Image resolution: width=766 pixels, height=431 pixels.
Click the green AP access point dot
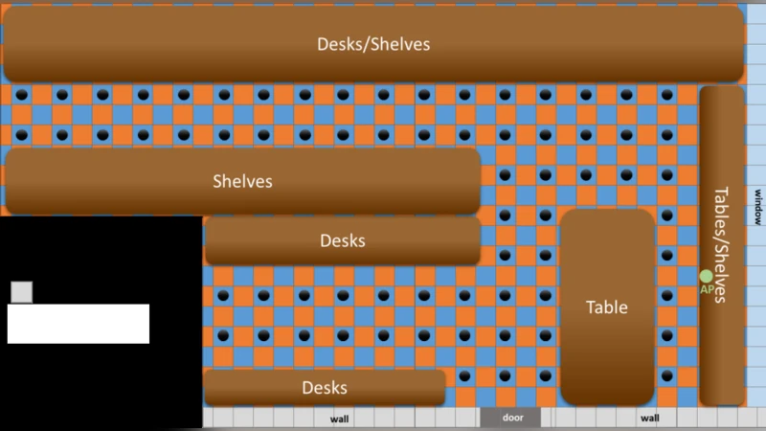pyautogui.click(x=706, y=277)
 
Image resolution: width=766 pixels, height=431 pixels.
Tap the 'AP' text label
pyautogui.click(x=707, y=290)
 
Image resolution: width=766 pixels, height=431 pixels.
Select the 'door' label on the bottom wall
pyautogui.click(x=512, y=418)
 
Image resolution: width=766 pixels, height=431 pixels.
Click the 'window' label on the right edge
pyautogui.click(x=757, y=207)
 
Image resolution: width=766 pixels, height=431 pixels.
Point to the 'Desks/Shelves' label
pyautogui.click(x=373, y=44)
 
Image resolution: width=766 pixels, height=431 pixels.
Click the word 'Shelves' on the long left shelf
pyautogui.click(x=242, y=181)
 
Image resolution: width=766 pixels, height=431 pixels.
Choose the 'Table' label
pyautogui.click(x=607, y=307)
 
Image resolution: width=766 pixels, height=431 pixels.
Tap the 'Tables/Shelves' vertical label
pyautogui.click(x=721, y=245)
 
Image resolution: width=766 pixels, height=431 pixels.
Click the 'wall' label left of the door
pyautogui.click(x=339, y=419)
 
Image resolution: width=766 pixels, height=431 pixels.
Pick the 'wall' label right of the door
pyautogui.click(x=650, y=419)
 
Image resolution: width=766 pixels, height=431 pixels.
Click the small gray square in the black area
pyautogui.click(x=21, y=292)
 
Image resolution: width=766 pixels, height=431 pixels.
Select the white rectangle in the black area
pyautogui.click(x=79, y=324)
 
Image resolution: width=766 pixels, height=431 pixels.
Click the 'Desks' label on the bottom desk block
pyautogui.click(x=325, y=388)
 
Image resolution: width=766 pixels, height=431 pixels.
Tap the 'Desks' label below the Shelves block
pyautogui.click(x=343, y=240)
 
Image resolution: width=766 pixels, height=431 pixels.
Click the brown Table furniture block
pyautogui.click(x=607, y=306)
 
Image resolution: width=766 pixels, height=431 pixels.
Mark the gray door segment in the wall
pyautogui.click(x=510, y=418)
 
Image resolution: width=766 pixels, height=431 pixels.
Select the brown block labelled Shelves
pyautogui.click(x=243, y=181)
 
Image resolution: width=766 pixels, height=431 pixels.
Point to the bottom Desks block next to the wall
pyautogui.click(x=325, y=388)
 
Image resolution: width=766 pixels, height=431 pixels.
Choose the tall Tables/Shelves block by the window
pyautogui.click(x=722, y=246)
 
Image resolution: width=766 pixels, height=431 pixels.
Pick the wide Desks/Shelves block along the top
pyautogui.click(x=373, y=44)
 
